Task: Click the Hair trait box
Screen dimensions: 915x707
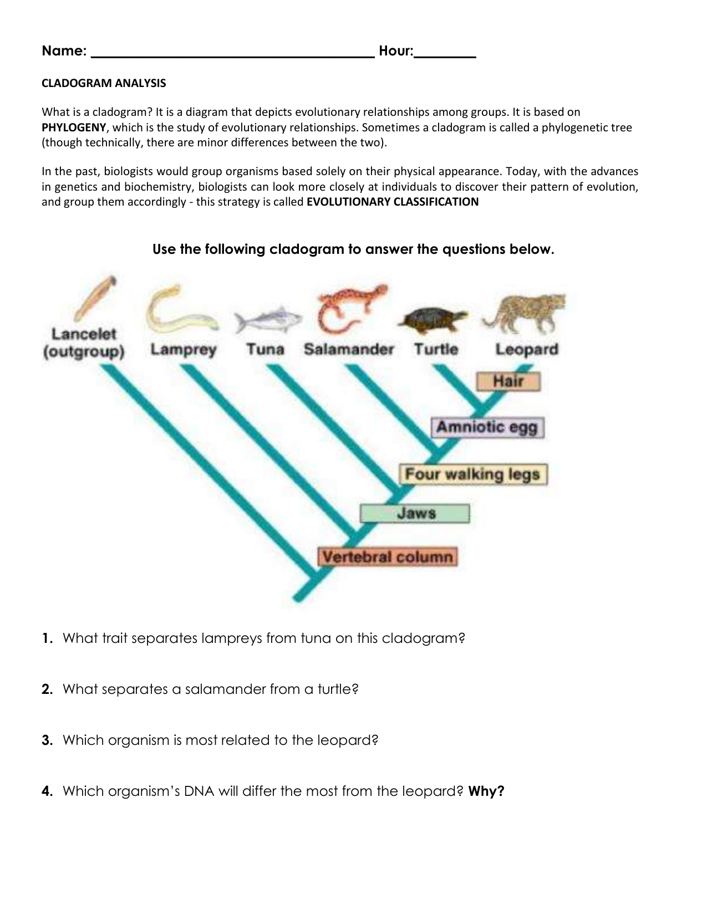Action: tap(508, 381)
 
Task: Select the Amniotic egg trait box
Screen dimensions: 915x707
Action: tap(487, 427)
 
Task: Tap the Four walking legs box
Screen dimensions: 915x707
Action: tap(472, 474)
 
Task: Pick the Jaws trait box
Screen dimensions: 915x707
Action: tap(415, 513)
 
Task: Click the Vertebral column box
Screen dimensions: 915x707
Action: tap(387, 557)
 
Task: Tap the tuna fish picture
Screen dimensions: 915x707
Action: tap(268, 320)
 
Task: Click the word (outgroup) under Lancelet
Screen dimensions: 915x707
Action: tap(84, 352)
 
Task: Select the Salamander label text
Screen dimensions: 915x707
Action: tap(349, 350)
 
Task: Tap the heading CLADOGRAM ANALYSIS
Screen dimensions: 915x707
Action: tap(104, 83)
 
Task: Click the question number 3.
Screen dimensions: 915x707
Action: tap(47, 740)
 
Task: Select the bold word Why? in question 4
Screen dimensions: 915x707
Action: tap(486, 791)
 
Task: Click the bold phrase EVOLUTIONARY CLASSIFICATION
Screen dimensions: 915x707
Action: tap(392, 202)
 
